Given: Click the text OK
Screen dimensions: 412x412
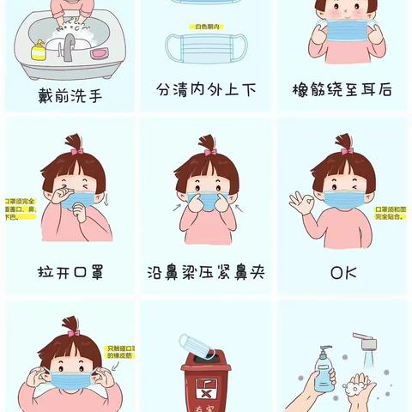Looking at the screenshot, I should click(x=342, y=274).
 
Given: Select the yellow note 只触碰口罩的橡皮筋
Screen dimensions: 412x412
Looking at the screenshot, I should click(x=120, y=351).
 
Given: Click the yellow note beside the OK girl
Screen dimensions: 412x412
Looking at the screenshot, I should click(x=391, y=214).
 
